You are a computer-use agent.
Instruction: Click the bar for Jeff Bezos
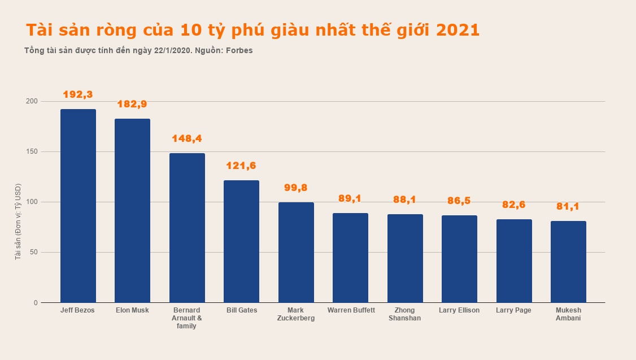[78, 206]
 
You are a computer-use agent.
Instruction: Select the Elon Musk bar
[132, 210]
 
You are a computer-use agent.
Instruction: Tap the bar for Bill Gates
[241, 241]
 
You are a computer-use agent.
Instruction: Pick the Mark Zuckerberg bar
[296, 252]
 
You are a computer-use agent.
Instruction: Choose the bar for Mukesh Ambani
[568, 262]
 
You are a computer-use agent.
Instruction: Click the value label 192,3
[78, 94]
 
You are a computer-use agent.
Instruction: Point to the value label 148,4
[187, 138]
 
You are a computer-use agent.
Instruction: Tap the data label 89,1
[350, 198]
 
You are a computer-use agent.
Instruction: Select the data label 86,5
[459, 201]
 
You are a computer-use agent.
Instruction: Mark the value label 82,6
[513, 205]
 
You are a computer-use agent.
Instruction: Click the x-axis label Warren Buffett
[351, 310]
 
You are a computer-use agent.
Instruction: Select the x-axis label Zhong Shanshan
[405, 314]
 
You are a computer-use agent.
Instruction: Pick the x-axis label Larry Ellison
[459, 310]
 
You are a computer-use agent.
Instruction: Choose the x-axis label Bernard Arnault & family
[187, 318]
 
